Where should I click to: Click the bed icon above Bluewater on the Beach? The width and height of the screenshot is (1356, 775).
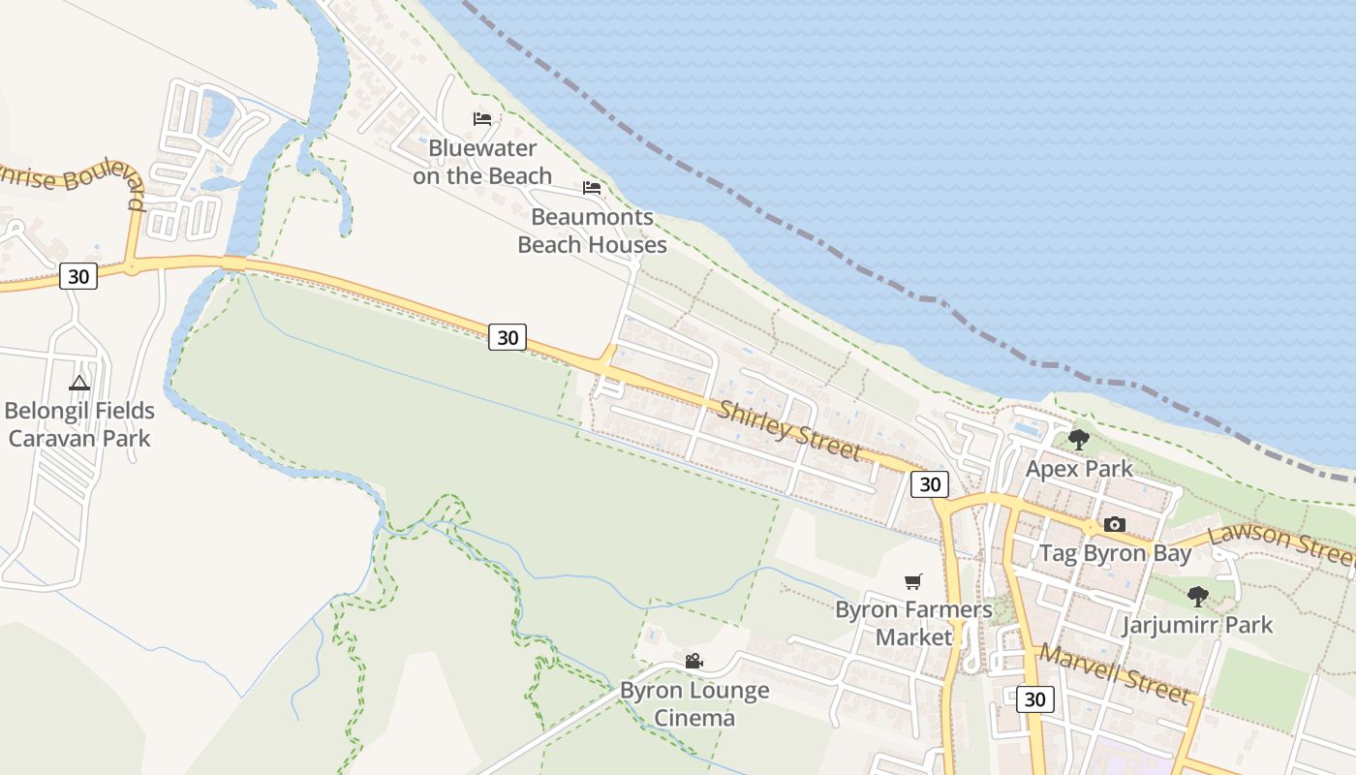coord(482,119)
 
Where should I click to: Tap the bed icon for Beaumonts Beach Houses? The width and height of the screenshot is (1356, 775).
coord(592,188)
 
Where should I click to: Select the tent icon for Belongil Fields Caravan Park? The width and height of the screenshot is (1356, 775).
coord(79,383)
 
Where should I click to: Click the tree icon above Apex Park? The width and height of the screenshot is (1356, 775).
coord(1078,440)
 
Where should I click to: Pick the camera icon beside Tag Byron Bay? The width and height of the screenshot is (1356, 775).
coord(1115,524)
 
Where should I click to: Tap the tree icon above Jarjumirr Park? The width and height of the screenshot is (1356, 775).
coord(1198,596)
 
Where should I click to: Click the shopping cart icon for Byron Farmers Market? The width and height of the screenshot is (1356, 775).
coord(912,581)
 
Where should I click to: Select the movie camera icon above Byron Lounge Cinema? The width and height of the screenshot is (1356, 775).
coord(693,662)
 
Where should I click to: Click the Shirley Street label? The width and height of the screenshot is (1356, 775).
coord(789,430)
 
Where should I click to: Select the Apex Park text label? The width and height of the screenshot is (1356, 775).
coord(1079,469)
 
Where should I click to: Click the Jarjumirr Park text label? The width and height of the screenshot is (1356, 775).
coord(1197,625)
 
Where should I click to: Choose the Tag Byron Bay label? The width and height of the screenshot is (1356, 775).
coord(1115,554)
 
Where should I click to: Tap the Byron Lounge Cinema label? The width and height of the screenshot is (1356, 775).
coord(694,704)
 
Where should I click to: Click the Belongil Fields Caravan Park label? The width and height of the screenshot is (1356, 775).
coord(79,424)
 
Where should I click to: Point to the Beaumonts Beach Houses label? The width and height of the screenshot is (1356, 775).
coord(592,231)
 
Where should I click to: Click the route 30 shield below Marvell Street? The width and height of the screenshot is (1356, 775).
coord(1034,698)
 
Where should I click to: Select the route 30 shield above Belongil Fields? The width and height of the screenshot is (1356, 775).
coord(78,276)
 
